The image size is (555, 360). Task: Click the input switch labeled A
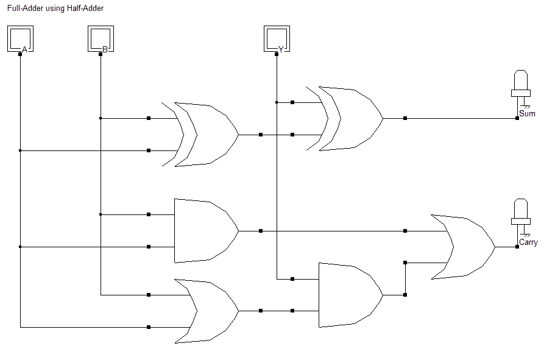pos(20,38)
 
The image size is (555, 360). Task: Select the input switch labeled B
pos(101,38)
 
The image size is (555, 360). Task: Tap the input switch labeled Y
pos(277,38)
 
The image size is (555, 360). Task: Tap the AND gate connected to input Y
pos(350,295)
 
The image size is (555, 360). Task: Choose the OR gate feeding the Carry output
pos(463,247)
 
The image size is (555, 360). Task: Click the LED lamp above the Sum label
pos(521,83)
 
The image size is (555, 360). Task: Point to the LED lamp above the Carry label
pos(521,212)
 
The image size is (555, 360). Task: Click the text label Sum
pos(527,114)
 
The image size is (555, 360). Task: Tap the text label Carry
pos(528,242)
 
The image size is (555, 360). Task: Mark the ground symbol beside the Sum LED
pos(526,107)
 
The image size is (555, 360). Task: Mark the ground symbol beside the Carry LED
pos(526,235)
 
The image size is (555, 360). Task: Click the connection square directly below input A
pos(20,54)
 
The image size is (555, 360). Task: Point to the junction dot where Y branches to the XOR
pos(277,102)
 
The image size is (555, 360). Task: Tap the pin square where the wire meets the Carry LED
pos(517,247)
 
